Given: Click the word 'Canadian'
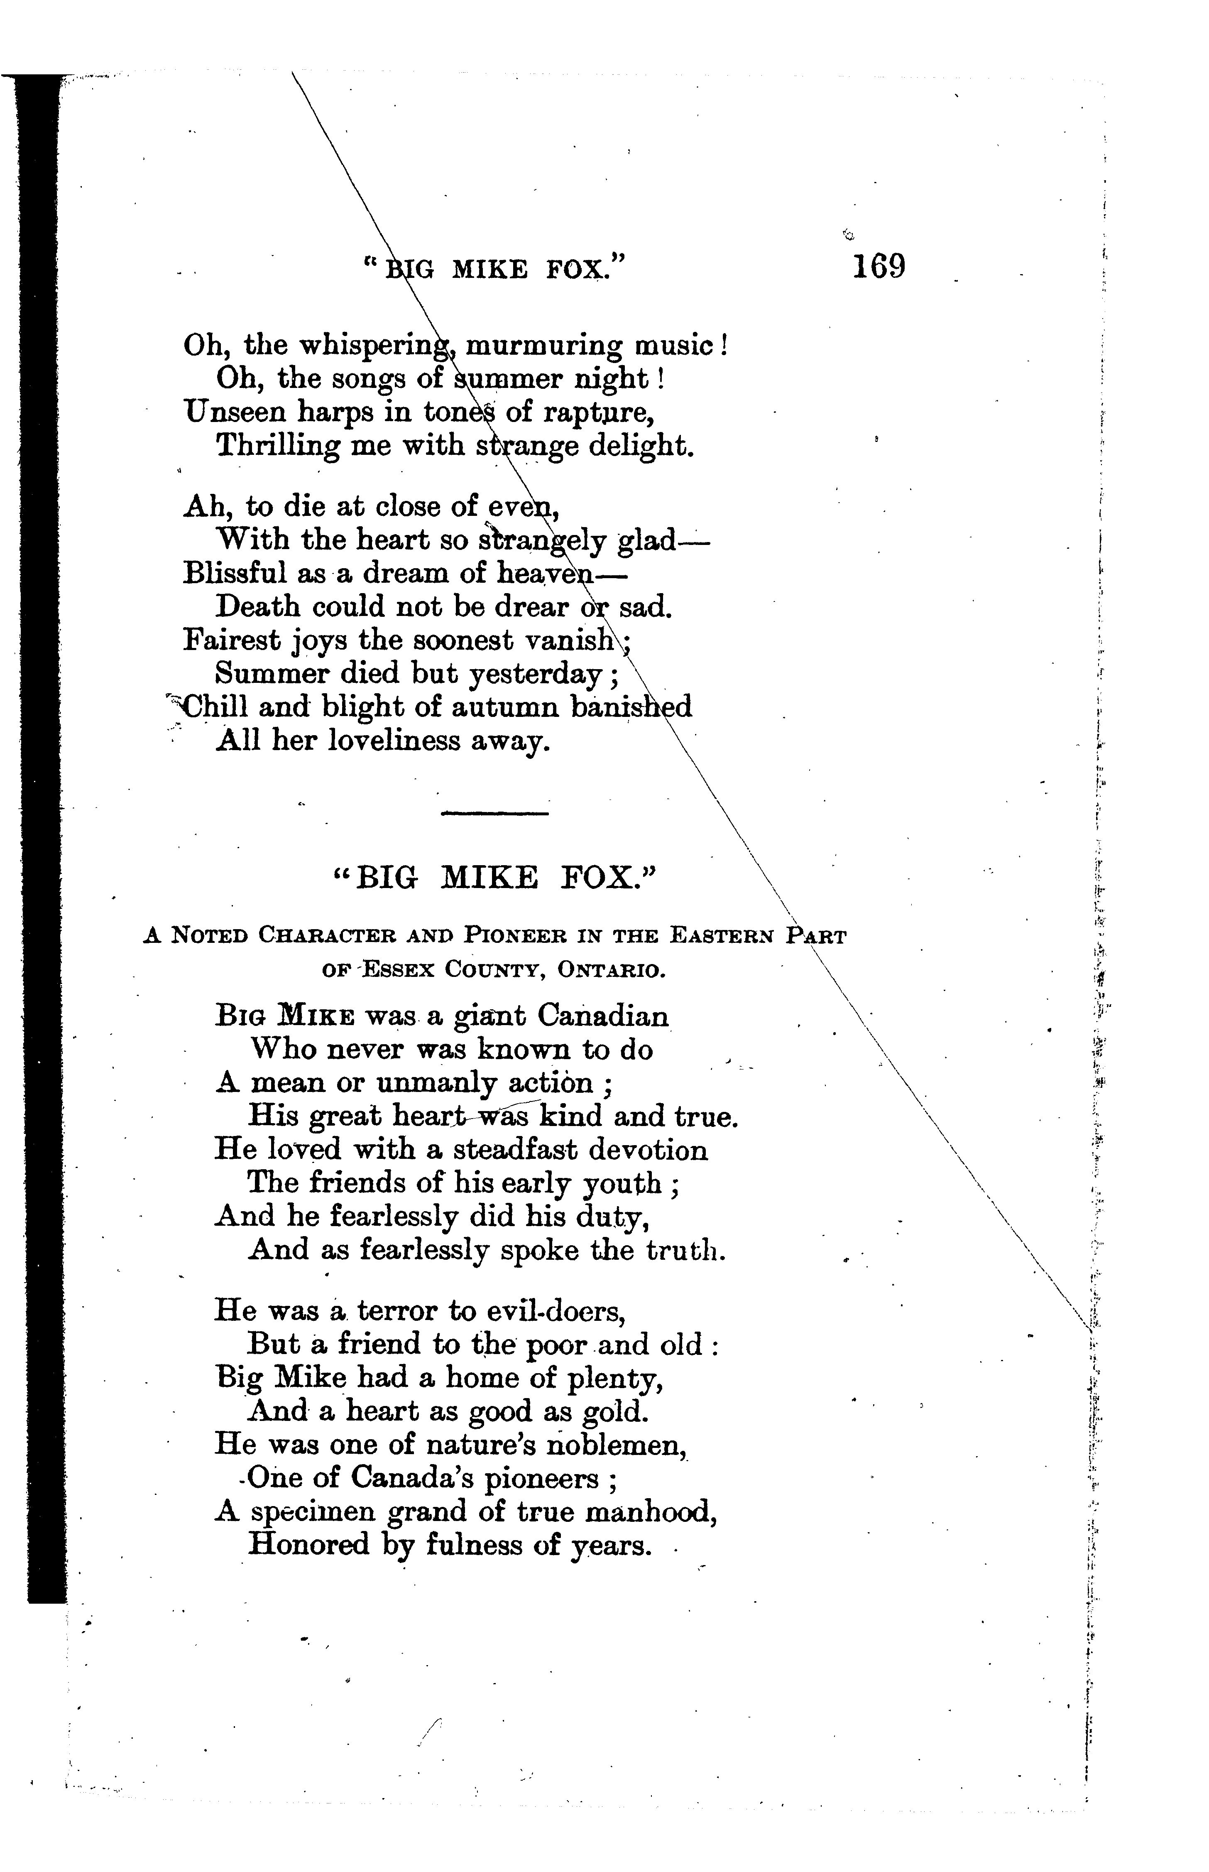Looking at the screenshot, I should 603,1016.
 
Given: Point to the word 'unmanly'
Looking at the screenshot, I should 436,1084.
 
